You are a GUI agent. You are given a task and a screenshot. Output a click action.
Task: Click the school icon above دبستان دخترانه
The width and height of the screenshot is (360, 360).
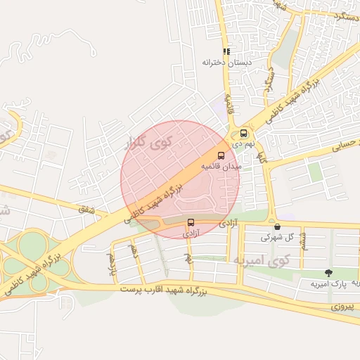point(226,51)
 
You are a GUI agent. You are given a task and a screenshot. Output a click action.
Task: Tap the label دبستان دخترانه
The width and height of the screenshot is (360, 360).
point(226,63)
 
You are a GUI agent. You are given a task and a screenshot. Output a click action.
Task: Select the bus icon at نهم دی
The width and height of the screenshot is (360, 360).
point(244,133)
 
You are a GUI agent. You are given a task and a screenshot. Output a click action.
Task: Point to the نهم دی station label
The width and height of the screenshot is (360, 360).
point(242,143)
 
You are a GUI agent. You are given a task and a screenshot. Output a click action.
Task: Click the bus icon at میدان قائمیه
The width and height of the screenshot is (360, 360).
point(221,155)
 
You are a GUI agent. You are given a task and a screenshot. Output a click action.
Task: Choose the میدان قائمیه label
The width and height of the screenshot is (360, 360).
point(221,167)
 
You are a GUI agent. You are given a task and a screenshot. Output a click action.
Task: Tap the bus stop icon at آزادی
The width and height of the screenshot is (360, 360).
point(190,223)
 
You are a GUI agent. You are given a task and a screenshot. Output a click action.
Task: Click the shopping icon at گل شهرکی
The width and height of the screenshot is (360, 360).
point(278,226)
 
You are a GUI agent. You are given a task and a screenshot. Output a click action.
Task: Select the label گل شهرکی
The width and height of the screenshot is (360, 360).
point(276,238)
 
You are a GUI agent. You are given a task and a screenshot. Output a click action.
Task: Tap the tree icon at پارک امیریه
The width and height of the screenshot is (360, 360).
point(328,272)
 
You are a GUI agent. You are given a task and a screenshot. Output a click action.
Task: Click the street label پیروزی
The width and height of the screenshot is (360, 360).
point(345,308)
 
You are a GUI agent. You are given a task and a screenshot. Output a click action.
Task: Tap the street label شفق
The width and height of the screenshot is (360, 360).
point(86,208)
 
